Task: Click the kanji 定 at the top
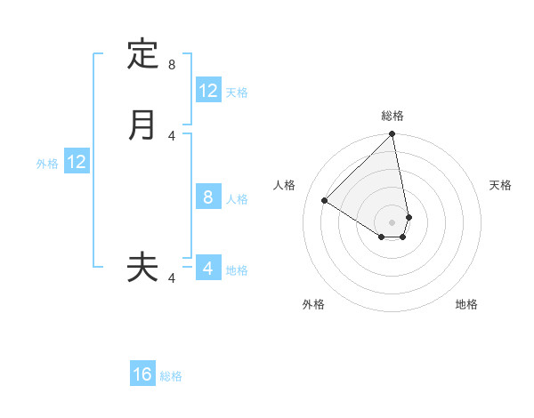click(142, 54)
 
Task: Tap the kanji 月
click(142, 125)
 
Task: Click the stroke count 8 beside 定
click(172, 65)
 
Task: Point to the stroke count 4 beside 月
click(172, 135)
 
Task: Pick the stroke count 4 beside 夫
click(172, 278)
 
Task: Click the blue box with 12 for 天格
click(208, 91)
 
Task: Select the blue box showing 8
click(208, 197)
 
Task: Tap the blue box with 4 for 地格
click(208, 269)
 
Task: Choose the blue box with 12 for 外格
click(77, 162)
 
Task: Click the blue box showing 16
click(142, 374)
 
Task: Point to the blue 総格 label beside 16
click(172, 376)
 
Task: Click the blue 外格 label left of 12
click(47, 164)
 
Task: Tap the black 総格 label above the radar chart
click(392, 116)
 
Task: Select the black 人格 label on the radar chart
click(285, 185)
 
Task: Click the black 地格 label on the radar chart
click(466, 304)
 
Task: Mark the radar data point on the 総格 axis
click(392, 135)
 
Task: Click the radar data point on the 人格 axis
click(324, 200)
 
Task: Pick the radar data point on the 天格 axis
click(409, 217)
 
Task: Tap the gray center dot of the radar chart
click(392, 221)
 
